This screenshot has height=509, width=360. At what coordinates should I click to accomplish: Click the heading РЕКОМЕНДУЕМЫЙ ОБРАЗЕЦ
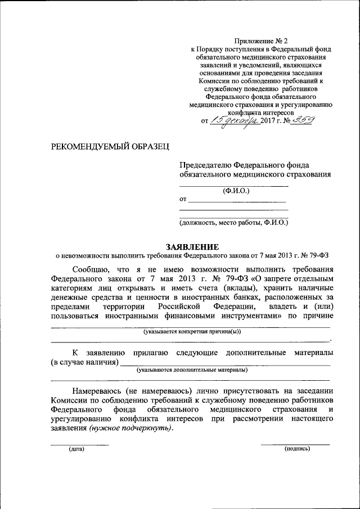(110, 147)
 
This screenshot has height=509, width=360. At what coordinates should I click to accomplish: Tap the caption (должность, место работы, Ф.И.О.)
(233, 223)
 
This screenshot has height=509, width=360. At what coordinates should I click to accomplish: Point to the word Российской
(179, 307)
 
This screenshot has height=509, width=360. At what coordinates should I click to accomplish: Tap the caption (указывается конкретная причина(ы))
(191, 331)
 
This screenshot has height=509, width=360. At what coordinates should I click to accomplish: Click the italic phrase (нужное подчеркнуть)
(130, 427)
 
